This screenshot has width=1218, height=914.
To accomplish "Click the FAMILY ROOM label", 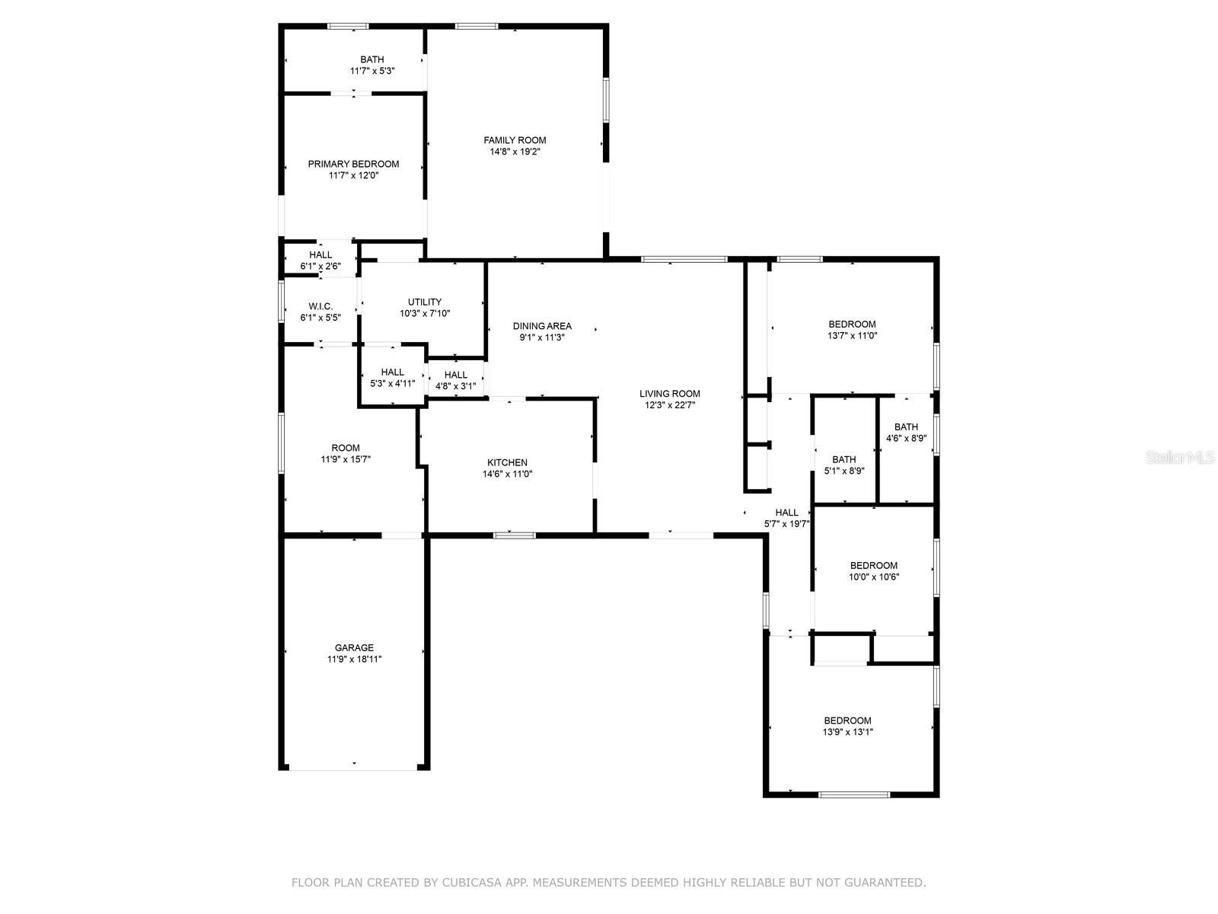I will (515, 140).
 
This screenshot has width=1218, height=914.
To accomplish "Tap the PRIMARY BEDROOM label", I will (353, 164).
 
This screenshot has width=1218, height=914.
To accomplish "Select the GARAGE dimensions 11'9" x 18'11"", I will (354, 660).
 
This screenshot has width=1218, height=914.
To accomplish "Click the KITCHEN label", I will (507, 462).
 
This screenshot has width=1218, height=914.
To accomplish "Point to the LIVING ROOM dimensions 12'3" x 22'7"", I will (669, 405).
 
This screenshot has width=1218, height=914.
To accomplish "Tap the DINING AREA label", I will (542, 326).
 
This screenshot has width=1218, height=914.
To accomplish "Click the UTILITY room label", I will (424, 302).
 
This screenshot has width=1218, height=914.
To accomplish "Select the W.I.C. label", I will (320, 306).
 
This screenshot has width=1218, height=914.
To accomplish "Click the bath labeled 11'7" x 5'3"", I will (372, 59).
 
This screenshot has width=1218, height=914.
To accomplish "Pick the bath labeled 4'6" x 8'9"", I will (906, 427).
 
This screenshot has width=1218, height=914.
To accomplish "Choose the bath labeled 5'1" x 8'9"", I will (844, 459).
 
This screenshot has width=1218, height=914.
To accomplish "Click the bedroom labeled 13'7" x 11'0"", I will (852, 324).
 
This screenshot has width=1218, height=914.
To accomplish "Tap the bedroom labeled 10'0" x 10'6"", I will (873, 565).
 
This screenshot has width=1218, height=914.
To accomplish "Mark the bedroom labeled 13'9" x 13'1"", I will (847, 721).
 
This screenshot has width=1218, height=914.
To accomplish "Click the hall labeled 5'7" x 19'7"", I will (786, 513).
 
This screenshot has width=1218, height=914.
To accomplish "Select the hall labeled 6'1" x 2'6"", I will (320, 254).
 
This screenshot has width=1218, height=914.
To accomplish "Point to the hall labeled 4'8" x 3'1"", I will (455, 375).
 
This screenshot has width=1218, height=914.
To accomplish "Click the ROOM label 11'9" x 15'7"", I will (346, 448).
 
